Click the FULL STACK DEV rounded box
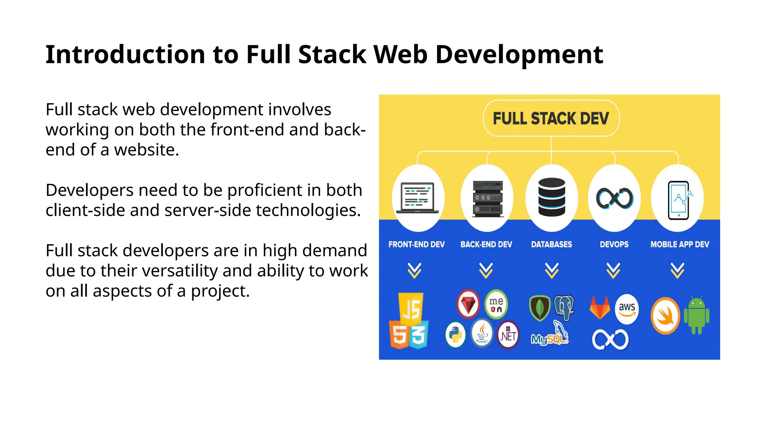pos(551,118)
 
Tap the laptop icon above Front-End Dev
pos(417,198)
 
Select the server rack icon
pos(488,198)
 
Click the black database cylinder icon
pos(551,197)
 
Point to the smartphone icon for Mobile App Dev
pos(679,200)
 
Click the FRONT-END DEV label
pos(416,244)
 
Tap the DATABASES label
pos(551,244)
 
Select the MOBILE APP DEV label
pos(680,244)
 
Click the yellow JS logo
pos(411,308)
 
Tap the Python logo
pos(455,335)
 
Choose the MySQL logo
pos(550,337)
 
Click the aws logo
pos(627,309)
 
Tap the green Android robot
pos(697,315)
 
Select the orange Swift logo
pos(665,316)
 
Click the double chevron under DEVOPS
pos(613,271)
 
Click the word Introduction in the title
pos(125,55)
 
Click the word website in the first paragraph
pos(146,150)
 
